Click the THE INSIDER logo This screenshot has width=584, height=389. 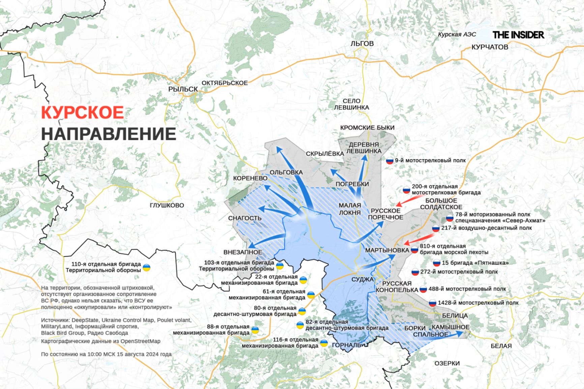coord(518,35)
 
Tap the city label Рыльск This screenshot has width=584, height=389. coord(183,89)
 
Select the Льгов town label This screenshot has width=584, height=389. coord(362,43)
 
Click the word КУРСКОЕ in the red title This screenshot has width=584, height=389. coord(83,112)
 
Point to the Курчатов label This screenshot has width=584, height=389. coord(490,47)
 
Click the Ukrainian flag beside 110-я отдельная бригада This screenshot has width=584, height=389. coord(147,268)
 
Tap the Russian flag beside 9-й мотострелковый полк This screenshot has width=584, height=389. coord(390,161)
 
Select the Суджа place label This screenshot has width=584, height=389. coord(362,279)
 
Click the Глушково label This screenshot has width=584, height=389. coord(167,205)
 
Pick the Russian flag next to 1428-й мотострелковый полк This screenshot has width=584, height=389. coord(432,303)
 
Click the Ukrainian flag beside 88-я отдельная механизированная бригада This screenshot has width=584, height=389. coord(255,330)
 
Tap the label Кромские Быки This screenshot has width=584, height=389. coord(367,128)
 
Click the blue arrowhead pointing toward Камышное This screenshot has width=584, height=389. coord(459,333)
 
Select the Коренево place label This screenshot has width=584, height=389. coord(250,178)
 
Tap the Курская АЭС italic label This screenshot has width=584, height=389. coord(457,35)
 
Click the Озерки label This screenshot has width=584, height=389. coord(447,363)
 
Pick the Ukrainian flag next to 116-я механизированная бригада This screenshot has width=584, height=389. coord(324,343)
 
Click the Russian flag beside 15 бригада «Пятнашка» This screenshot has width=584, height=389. coord(437,263)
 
